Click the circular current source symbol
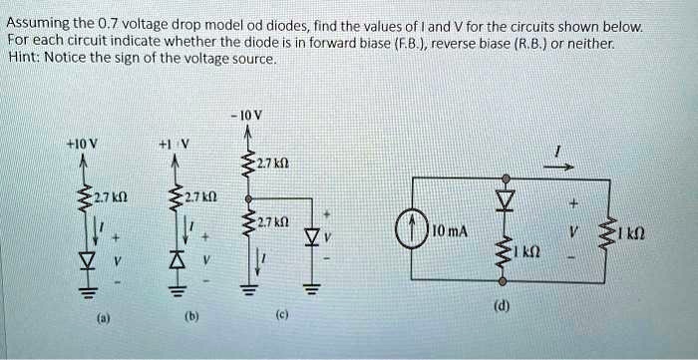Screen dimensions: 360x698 pos(411,231)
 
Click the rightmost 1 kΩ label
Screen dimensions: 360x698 pos(659,235)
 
